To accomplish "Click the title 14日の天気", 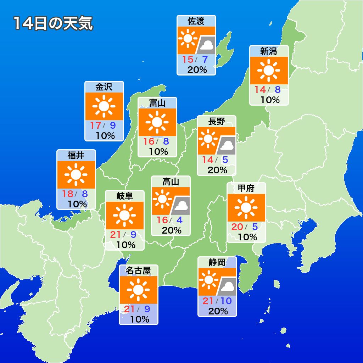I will tap(53, 23).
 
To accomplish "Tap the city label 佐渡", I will tap(196, 21).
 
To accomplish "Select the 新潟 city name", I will tap(269, 51).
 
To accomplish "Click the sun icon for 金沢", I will tap(104, 106).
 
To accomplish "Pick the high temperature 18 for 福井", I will tap(67, 194).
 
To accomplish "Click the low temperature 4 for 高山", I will tap(179, 220).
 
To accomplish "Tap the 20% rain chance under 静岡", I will tap(218, 311).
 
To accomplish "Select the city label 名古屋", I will tap(138, 271).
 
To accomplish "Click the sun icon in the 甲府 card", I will tap(246, 207).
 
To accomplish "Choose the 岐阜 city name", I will tap(124, 196).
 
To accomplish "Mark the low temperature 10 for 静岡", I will tap(225, 301).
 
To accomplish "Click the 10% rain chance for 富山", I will tap(158, 151).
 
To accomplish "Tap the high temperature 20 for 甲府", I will tap(237, 227).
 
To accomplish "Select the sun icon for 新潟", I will tap(269, 70).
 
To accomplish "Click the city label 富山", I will tap(157, 103).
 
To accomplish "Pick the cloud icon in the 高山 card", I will tap(181, 206).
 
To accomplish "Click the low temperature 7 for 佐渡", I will tap(205, 60).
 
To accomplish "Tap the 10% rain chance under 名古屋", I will tap(139, 319).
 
